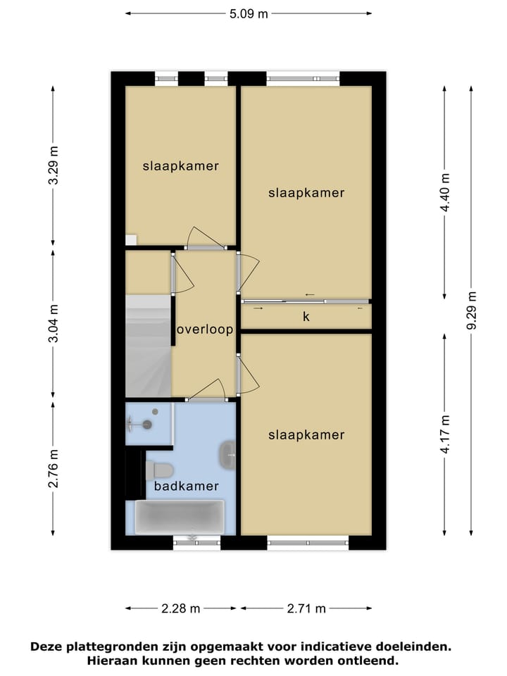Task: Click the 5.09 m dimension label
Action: (249, 13)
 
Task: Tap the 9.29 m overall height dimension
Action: (471, 310)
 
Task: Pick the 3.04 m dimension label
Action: (54, 325)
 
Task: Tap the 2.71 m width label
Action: (306, 608)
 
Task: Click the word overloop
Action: (204, 329)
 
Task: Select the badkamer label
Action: (186, 486)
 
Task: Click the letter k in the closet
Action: (306, 317)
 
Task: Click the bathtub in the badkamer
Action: (180, 517)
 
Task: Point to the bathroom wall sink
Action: (227, 455)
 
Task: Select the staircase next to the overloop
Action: (148, 345)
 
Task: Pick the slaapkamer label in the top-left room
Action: (180, 167)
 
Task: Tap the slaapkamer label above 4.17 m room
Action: (306, 435)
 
